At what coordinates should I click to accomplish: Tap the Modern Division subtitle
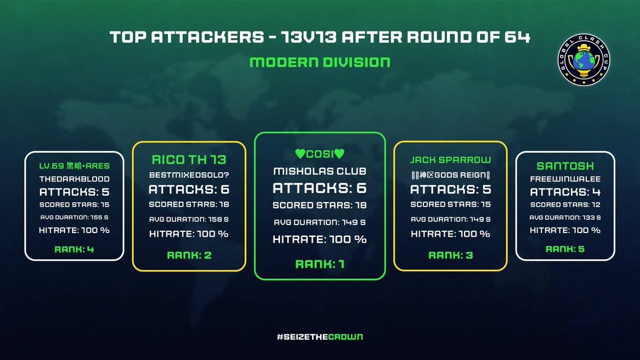pyautogui.click(x=320, y=62)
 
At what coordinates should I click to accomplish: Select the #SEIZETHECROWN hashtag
pyautogui.click(x=320, y=337)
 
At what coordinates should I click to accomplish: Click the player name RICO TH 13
pyautogui.click(x=189, y=159)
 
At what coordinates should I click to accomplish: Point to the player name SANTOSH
pyautogui.click(x=565, y=166)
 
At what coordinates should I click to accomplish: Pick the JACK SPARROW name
pyautogui.click(x=450, y=159)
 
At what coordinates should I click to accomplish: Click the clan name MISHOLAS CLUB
pyautogui.click(x=319, y=171)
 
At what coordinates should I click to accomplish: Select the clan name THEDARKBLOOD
pyautogui.click(x=75, y=179)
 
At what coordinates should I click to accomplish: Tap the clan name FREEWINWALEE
pyautogui.click(x=565, y=179)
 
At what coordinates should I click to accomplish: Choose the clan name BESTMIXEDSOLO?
pyautogui.click(x=189, y=174)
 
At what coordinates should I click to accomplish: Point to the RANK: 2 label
pyautogui.click(x=189, y=255)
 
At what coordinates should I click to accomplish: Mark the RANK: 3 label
pyautogui.click(x=450, y=255)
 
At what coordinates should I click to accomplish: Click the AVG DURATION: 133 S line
pyautogui.click(x=565, y=217)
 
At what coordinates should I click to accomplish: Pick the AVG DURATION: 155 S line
pyautogui.click(x=75, y=217)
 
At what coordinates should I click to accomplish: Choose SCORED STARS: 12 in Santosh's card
pyautogui.click(x=565, y=205)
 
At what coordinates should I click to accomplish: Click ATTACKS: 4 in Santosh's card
pyautogui.click(x=565, y=192)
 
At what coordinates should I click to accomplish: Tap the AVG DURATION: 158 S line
pyautogui.click(x=189, y=219)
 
